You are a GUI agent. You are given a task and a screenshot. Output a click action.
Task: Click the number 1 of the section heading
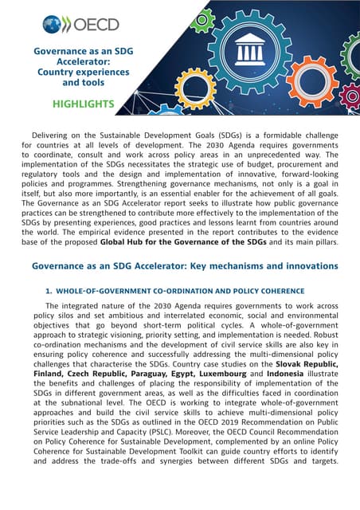pyautogui.click(x=49, y=290)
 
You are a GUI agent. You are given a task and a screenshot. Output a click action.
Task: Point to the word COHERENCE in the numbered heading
pyautogui.click(x=278, y=290)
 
